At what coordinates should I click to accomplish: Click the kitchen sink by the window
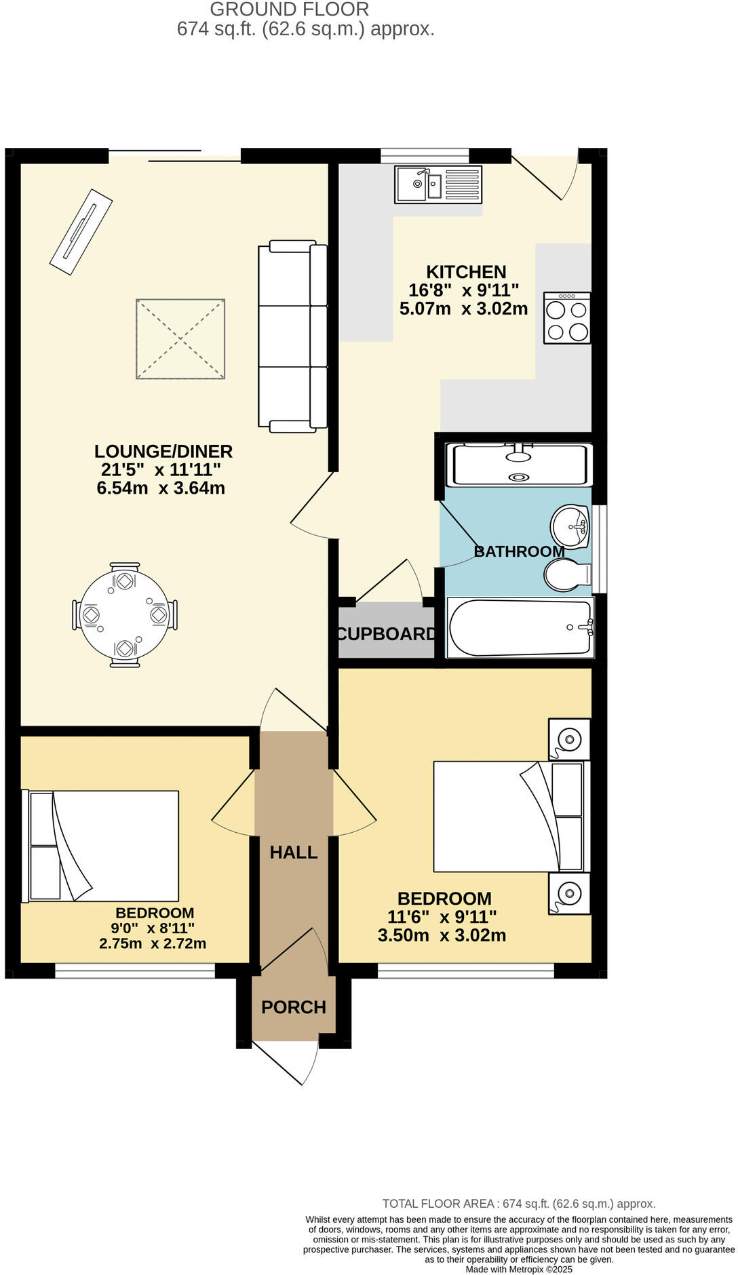pos(438,184)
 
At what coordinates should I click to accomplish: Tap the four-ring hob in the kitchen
pos(567,318)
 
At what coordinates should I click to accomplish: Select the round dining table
pos(125,615)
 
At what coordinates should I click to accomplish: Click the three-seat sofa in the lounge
pos(292,336)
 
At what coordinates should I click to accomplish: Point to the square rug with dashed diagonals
pos(180,338)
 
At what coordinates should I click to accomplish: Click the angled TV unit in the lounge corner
pos(81,231)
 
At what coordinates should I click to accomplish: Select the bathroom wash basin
pos(570,526)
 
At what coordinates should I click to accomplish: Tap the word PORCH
pos(294,1007)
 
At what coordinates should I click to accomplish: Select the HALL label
pos(294,852)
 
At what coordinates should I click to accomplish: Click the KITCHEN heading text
pos(466,272)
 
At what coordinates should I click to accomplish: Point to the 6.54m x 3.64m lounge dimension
pos(161,488)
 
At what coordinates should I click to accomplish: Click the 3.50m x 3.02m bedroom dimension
pos(442,935)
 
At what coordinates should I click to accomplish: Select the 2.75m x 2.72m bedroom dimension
pos(153,943)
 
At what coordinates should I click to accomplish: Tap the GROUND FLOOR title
pos(289,9)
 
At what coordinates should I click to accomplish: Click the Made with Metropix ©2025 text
pos(519,1269)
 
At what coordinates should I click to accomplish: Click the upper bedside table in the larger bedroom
pos(569,739)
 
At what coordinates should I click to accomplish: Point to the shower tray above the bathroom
pos(520,465)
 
